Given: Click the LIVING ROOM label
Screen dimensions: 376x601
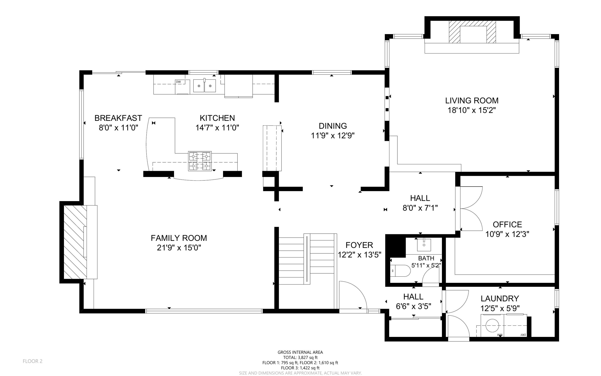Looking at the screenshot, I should pyautogui.click(x=472, y=101).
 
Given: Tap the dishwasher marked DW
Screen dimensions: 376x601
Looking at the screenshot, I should pyautogui.click(x=182, y=87).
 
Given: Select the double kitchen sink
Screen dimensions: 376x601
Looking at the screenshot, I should pyautogui.click(x=204, y=86).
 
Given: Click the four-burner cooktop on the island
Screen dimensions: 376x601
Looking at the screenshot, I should pyautogui.click(x=200, y=161).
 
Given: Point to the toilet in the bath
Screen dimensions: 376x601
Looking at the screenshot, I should pyautogui.click(x=401, y=271).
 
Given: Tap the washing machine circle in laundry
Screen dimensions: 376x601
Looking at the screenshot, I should pyautogui.click(x=492, y=326).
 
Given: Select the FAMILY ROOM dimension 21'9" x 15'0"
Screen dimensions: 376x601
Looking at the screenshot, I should pyautogui.click(x=179, y=248).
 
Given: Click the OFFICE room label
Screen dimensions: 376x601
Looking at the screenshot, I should pyautogui.click(x=507, y=225).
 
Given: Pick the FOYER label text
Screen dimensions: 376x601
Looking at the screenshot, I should pyautogui.click(x=359, y=245).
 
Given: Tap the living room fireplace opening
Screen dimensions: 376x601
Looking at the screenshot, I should pyautogui.click(x=473, y=34).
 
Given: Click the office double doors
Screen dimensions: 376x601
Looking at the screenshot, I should pyautogui.click(x=471, y=208).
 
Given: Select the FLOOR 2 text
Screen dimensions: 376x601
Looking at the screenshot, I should pyautogui.click(x=33, y=361).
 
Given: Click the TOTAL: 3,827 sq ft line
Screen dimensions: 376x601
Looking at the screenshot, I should pyautogui.click(x=300, y=357).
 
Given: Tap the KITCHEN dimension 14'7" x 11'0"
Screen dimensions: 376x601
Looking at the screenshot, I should pyautogui.click(x=217, y=128).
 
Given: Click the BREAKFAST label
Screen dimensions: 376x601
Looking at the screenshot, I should pyautogui.click(x=118, y=118).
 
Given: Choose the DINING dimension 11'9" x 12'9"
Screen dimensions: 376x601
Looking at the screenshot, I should pyautogui.click(x=333, y=136).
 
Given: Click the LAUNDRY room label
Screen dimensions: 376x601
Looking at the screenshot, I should pyautogui.click(x=499, y=299).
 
